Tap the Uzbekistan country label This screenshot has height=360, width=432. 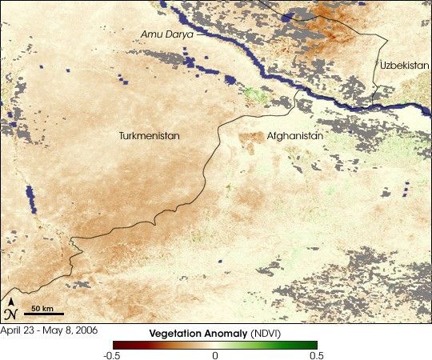404,65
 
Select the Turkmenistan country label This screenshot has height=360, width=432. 149,136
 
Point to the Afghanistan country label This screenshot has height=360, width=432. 295,136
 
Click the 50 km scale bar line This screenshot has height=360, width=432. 43,314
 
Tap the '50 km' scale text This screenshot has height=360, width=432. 43,307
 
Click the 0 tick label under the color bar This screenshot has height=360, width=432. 214,354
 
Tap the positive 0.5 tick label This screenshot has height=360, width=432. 317,354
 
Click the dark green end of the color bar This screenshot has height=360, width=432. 314,344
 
